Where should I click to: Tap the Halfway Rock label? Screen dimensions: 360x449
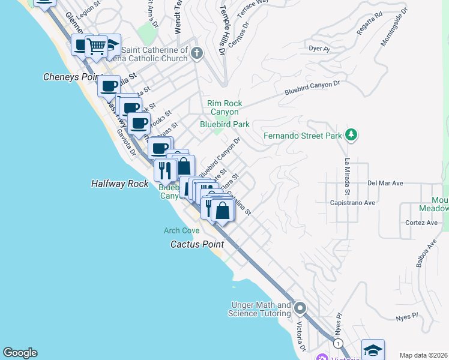click(119, 184)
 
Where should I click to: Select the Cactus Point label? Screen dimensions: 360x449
click(197, 244)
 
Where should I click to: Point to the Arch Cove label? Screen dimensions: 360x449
click(182, 230)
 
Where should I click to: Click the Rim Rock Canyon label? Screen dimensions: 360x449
click(223, 107)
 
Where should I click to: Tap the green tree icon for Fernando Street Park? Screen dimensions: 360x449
click(352, 135)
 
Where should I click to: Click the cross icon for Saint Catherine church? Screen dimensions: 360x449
click(196, 55)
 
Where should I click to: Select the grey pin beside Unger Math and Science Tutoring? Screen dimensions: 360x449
click(300, 309)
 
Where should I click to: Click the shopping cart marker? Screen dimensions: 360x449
click(96, 46)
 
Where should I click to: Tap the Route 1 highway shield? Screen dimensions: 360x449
click(339, 343)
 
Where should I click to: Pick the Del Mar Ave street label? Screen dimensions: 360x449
click(384, 183)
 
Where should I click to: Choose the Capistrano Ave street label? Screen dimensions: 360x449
click(352, 203)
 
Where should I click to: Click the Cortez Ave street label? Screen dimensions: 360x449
click(421, 223)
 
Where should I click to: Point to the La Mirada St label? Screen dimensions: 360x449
click(347, 176)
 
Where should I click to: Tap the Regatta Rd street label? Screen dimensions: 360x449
click(369, 23)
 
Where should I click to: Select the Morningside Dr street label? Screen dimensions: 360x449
click(394, 27)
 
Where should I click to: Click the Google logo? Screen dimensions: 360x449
click(20, 353)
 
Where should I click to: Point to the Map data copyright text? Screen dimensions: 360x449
click(424, 355)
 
